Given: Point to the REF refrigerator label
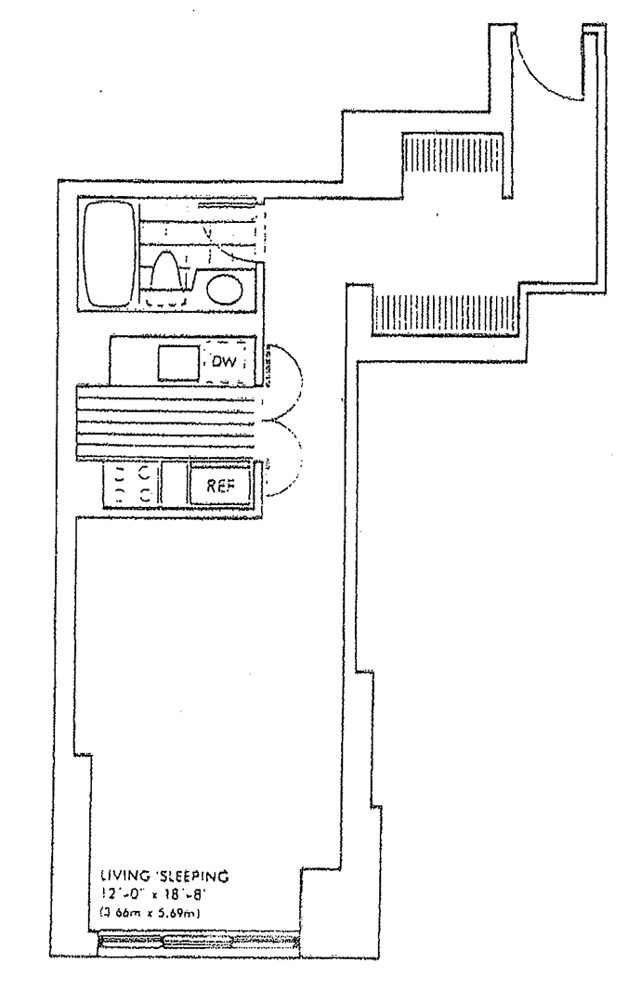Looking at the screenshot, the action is tap(218, 485).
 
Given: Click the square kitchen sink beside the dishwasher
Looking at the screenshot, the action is tap(177, 362).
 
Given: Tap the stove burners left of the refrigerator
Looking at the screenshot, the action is tap(133, 483).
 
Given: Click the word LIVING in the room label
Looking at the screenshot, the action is tap(121, 876).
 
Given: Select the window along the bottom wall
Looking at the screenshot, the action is tap(200, 943).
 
